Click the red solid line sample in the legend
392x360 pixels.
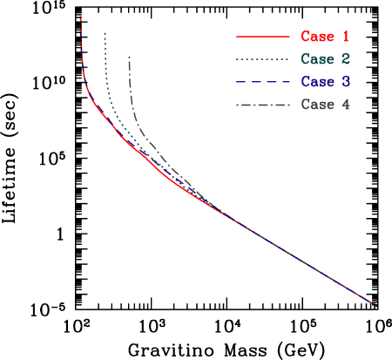pyautogui.click(x=262, y=37)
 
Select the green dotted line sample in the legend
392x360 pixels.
pyautogui.click(x=262, y=59)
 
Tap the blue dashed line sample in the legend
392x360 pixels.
pyautogui.click(x=262, y=82)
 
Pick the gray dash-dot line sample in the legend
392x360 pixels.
pyautogui.click(x=262, y=105)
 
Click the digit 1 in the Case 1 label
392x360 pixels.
pyautogui.click(x=346, y=37)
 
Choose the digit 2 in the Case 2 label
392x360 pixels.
pyautogui.click(x=346, y=59)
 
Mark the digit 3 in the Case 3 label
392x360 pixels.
pyautogui.click(x=346, y=82)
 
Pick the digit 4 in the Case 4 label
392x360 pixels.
pyautogui.click(x=346, y=105)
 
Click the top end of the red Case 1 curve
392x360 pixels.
pyautogui.click(x=81, y=17)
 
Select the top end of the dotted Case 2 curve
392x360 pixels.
pyautogui.click(x=105, y=33)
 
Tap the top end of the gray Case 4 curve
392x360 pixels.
pyautogui.click(x=129, y=57)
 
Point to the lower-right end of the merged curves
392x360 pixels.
pyautogui.click(x=375, y=305)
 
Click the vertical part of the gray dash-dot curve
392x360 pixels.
pyautogui.click(x=130, y=87)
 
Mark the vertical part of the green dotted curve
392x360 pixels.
pyautogui.click(x=105, y=70)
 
